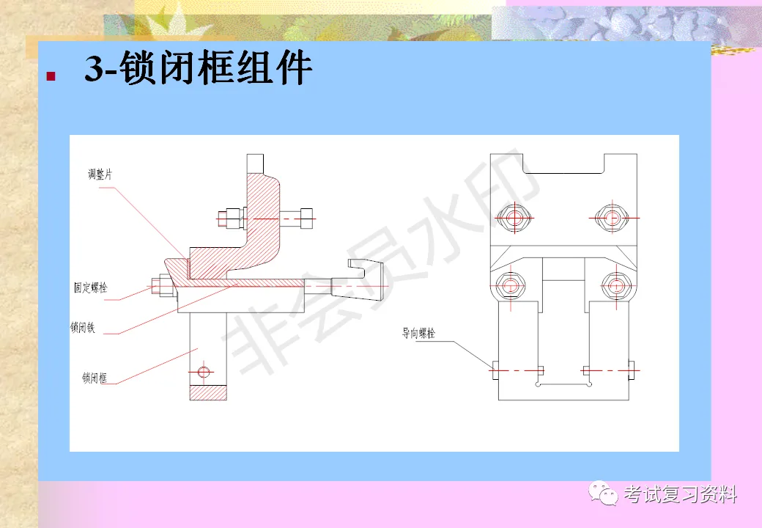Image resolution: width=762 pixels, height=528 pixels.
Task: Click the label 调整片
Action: (x=100, y=175)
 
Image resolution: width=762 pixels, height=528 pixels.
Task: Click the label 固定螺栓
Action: (x=90, y=287)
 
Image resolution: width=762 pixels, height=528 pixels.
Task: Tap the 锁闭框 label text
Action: (x=95, y=378)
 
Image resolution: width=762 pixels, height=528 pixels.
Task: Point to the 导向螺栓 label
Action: (x=418, y=333)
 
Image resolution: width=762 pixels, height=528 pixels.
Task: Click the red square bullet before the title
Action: (x=51, y=76)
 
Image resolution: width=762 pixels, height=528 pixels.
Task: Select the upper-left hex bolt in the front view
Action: (x=513, y=216)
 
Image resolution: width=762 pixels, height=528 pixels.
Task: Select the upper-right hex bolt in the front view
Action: (x=610, y=216)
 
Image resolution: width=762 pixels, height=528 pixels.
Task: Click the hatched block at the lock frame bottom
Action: (x=208, y=392)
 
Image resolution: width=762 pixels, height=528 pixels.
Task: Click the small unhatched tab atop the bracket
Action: (x=255, y=161)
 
